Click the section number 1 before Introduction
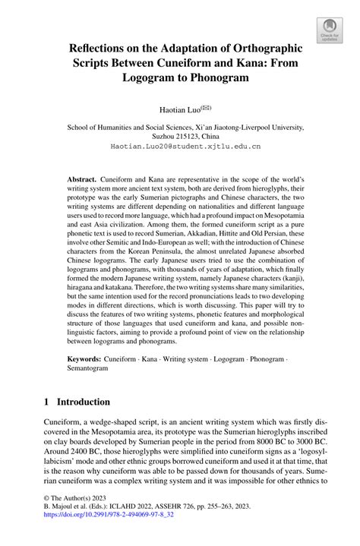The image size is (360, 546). [47, 423]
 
